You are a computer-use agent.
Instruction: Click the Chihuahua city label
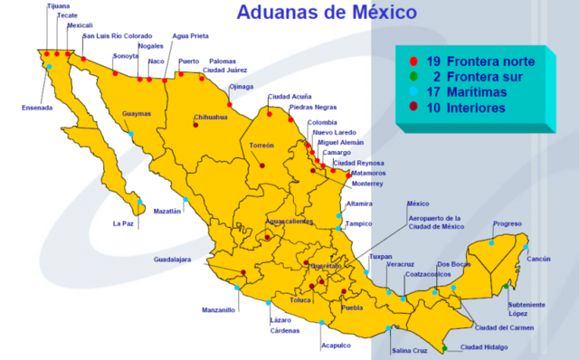tap(210, 117)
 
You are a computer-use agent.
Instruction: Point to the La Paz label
tap(123, 223)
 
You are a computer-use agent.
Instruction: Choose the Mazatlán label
tap(168, 211)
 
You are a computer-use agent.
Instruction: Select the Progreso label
tap(508, 223)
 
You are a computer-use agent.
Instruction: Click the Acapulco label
tap(335, 345)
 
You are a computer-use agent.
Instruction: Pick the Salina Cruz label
tap(408, 350)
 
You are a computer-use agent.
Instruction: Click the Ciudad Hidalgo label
tap(484, 346)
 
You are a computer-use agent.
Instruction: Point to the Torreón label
tap(261, 145)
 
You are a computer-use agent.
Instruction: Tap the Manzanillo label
tap(218, 309)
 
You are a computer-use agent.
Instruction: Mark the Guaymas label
tap(137, 113)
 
